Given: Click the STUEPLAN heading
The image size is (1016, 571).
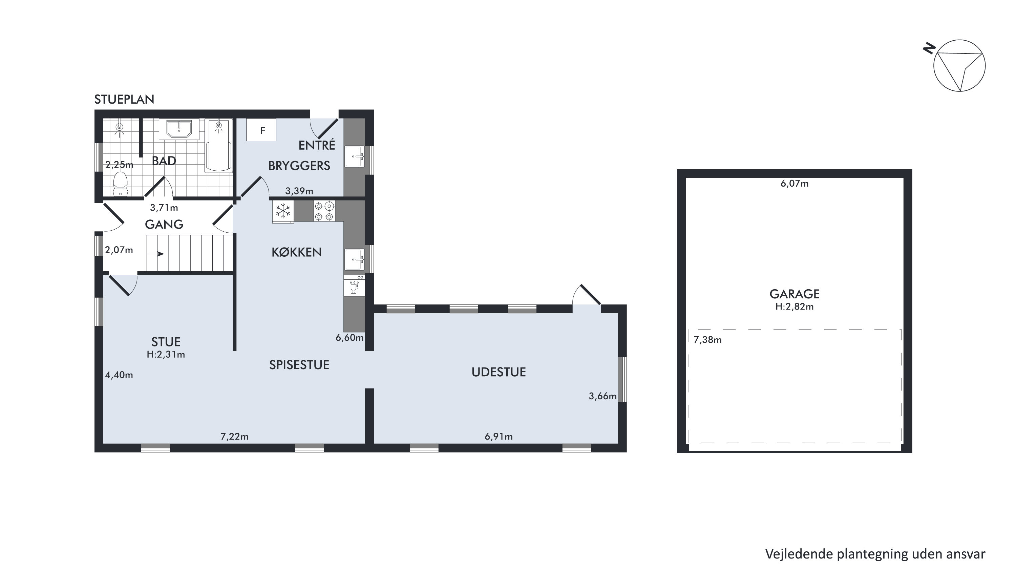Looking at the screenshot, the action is coord(124,99).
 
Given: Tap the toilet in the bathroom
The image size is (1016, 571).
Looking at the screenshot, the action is coord(120,184).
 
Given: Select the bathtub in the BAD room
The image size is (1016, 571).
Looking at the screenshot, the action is coord(218,146).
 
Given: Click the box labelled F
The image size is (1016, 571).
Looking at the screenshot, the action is coord(261,130).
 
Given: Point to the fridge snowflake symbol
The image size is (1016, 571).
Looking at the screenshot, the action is coord(283,211).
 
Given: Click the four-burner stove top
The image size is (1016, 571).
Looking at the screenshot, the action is coord(324,211).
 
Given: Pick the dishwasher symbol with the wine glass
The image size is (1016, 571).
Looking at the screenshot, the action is coord(354,285).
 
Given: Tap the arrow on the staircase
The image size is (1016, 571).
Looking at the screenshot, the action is coord(161,254).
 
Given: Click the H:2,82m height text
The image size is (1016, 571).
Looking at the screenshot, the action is coord(794,307).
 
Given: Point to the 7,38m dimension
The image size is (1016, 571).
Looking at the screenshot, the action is coord(707,340).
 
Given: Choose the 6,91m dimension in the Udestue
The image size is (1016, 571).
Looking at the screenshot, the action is coord(499,437).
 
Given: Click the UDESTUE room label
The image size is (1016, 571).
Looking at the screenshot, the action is coord(499,372).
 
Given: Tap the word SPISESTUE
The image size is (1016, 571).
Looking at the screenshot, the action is coord(299,365).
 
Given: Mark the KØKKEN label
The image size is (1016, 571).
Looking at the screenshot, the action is coord(297,252).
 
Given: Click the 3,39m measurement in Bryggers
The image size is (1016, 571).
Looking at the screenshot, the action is coord(299,191).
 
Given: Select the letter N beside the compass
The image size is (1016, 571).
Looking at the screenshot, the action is coord(929,48).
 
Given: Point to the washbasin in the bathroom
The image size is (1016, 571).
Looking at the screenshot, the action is coord(179,130).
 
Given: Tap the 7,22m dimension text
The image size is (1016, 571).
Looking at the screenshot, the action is coord(234,437).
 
